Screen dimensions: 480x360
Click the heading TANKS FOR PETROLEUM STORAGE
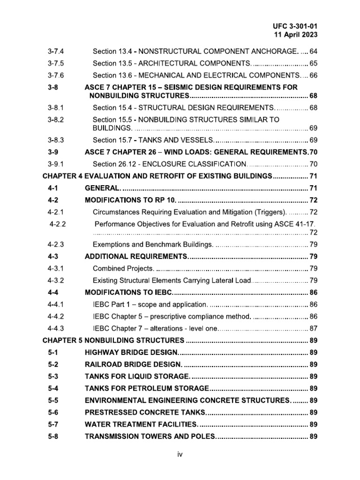[147, 388]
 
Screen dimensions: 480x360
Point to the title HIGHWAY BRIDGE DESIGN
[131, 352]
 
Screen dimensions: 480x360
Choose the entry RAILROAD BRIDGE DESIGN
[133, 364]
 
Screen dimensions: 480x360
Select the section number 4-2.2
[59, 224]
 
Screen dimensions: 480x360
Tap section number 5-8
[53, 436]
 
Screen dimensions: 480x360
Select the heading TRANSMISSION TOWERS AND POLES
[150, 436]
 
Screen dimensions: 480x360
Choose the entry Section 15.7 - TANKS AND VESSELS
[153, 140]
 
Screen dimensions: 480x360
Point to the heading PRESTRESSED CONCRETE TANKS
[145, 412]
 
